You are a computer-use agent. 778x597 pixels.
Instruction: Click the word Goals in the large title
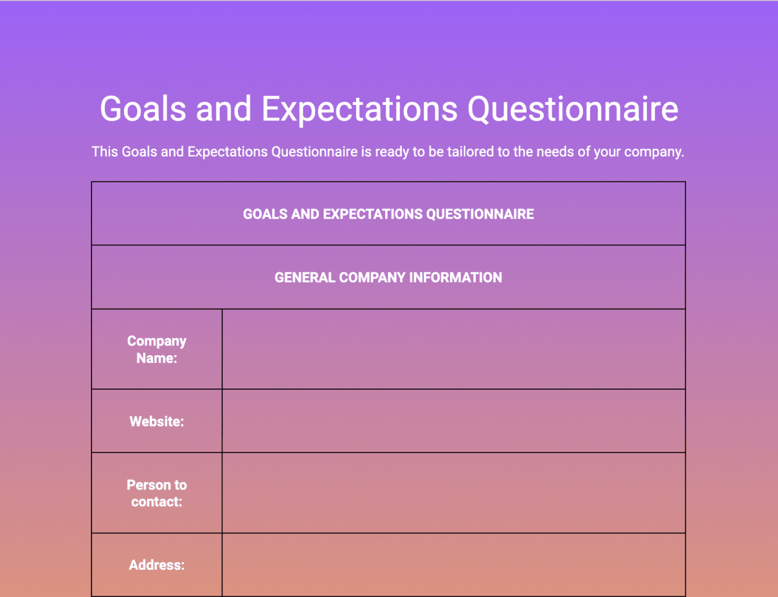click(x=143, y=108)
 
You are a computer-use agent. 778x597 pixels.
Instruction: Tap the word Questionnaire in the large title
click(x=572, y=109)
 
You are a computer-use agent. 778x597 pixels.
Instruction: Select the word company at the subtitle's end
click(x=654, y=152)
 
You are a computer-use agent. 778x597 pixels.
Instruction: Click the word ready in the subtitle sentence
click(x=392, y=152)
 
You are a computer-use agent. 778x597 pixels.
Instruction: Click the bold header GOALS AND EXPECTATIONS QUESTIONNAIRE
click(x=388, y=214)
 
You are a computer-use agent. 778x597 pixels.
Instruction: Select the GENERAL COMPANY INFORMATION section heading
click(x=388, y=277)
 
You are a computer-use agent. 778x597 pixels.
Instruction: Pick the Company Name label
click(x=156, y=349)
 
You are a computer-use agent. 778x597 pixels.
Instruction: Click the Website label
click(x=156, y=421)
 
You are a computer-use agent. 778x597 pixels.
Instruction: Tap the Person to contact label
click(x=156, y=493)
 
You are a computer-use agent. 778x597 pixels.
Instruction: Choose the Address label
click(x=156, y=565)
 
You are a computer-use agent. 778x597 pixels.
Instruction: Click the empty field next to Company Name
click(x=454, y=349)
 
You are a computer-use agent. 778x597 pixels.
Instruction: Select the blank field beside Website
click(x=454, y=421)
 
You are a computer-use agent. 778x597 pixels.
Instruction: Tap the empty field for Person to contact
click(x=454, y=493)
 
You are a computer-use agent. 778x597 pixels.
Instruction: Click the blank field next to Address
click(x=454, y=565)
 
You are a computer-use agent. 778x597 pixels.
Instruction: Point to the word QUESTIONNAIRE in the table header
click(x=480, y=214)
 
